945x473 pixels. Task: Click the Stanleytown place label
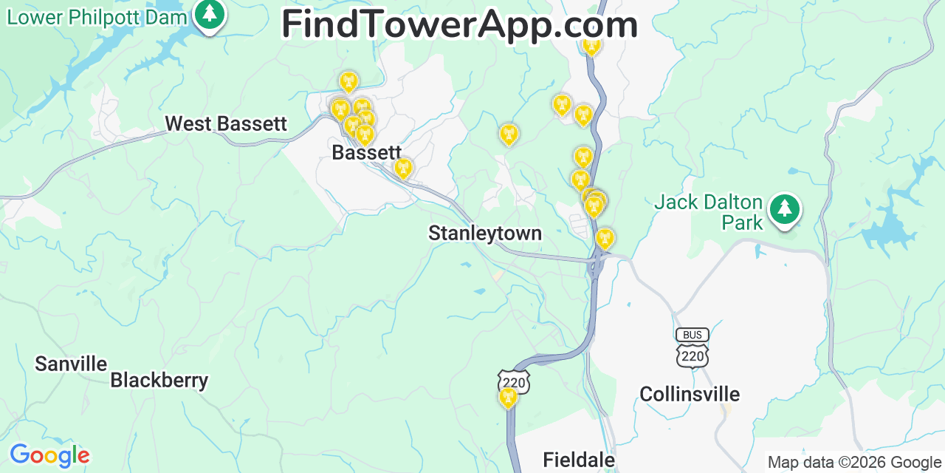coord(485,234)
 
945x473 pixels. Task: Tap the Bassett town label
coord(366,153)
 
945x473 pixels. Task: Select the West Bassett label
coord(226,123)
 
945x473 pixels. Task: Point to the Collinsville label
coord(690,394)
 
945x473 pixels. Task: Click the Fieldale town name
coord(579,460)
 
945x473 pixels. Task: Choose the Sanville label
coord(72,364)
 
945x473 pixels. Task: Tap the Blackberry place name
coord(159,381)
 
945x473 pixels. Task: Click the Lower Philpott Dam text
coord(97,16)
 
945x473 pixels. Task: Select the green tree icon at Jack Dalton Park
coord(784,210)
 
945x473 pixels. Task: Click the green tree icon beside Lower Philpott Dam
coord(210,15)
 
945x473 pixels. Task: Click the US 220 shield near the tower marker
coord(514,382)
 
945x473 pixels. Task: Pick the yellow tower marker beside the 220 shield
coord(508,398)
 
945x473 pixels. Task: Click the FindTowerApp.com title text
coord(459,24)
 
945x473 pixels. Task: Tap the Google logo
coord(49,455)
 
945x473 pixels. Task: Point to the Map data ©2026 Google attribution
coord(855,463)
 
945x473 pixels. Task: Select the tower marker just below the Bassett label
coord(403,169)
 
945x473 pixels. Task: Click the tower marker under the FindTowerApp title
coord(591,46)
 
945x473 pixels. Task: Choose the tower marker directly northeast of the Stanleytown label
coord(605,238)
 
